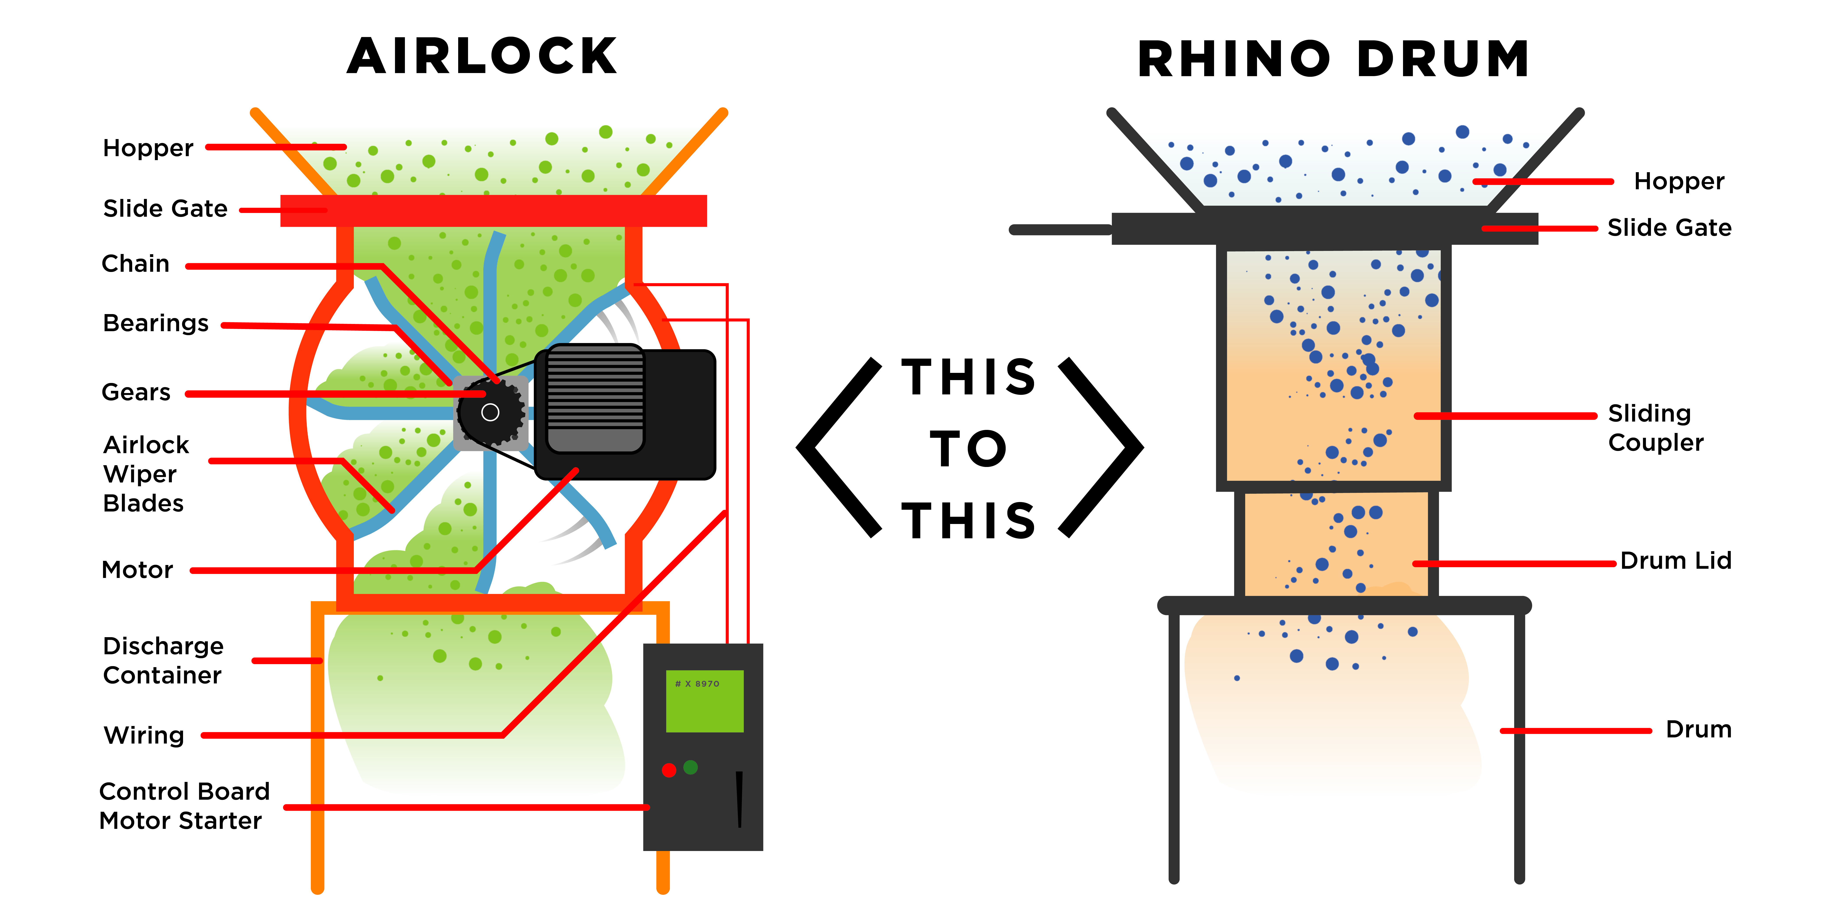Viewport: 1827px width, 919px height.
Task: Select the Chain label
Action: (x=135, y=264)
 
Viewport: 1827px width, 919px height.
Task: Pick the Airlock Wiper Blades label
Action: (x=145, y=474)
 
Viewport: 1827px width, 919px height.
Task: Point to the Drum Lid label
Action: (x=1675, y=561)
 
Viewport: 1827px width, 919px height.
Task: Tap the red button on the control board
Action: (x=668, y=770)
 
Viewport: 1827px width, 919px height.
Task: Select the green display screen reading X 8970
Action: (x=704, y=701)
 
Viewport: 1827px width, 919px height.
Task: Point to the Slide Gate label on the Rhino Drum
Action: (x=1669, y=228)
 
